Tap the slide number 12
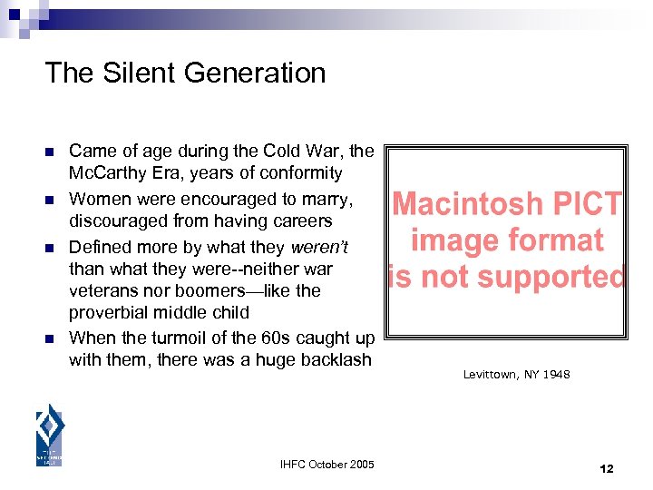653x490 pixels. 607,468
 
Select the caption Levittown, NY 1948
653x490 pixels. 516,374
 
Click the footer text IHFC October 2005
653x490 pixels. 327,465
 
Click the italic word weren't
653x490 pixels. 317,247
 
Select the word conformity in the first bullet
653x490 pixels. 300,173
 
